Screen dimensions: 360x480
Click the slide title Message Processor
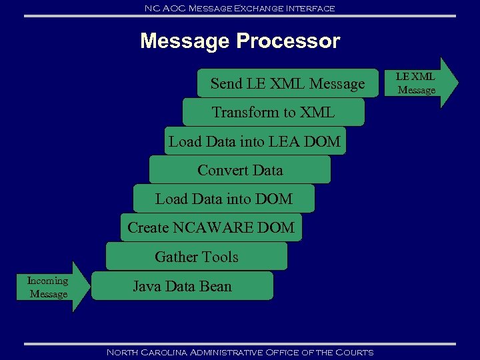click(240, 41)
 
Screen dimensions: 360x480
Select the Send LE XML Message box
click(287, 84)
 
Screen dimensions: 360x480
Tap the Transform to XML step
click(273, 113)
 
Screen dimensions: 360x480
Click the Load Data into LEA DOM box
click(255, 141)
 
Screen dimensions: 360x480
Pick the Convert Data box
click(240, 170)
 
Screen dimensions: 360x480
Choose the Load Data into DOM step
click(224, 199)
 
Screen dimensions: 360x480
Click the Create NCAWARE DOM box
click(211, 227)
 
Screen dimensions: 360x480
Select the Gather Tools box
click(196, 257)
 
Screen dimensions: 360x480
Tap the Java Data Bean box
click(182, 286)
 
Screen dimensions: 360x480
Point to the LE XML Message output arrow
click(420, 83)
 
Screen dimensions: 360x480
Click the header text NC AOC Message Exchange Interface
click(240, 8)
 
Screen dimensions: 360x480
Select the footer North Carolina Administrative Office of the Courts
click(240, 352)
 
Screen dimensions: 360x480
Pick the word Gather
click(173, 257)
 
